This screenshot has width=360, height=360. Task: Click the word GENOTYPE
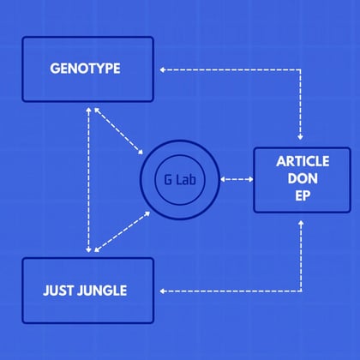click(85, 69)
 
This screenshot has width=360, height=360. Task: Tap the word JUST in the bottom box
click(58, 291)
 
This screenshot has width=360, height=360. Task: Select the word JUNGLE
click(102, 291)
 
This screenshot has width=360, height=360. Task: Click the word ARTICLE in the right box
click(303, 161)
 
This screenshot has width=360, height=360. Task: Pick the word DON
click(303, 178)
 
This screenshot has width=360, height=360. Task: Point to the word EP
click(303, 196)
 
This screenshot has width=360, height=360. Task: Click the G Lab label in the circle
click(180, 180)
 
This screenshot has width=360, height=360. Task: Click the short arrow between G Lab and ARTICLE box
click(237, 179)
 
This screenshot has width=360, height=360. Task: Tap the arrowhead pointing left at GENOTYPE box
click(162, 70)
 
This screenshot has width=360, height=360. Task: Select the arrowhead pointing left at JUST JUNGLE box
click(162, 291)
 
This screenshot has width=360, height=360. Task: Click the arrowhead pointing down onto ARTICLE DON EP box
click(300, 137)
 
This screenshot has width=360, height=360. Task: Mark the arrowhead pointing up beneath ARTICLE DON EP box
click(301, 223)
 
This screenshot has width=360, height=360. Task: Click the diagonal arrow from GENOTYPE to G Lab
click(118, 131)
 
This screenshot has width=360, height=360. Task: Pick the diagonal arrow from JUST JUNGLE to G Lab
click(123, 231)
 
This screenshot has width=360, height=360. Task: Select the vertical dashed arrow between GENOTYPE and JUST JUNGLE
click(88, 180)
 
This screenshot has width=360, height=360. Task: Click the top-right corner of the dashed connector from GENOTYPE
click(300, 70)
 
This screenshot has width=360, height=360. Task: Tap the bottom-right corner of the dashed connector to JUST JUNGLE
click(301, 291)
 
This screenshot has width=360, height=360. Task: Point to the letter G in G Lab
click(168, 180)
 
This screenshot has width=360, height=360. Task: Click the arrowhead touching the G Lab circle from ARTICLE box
click(223, 179)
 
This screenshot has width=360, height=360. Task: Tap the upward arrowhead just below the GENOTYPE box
click(88, 110)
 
